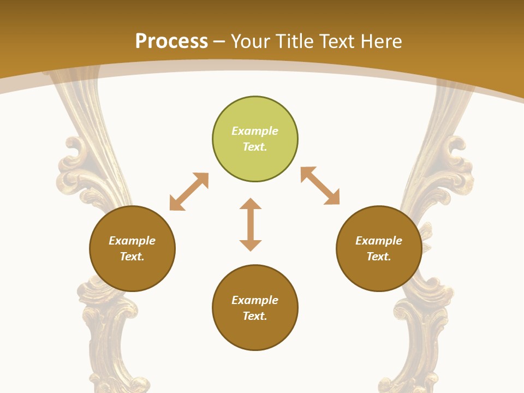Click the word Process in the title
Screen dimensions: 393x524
171,41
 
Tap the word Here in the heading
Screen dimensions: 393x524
381,41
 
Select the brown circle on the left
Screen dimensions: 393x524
132,273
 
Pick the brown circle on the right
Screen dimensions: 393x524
379,273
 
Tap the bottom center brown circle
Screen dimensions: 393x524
255,333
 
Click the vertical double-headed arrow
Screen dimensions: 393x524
251,224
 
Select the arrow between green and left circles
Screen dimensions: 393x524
189,192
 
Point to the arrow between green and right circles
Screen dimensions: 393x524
320,186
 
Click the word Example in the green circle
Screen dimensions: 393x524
255,131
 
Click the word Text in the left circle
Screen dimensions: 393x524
132,257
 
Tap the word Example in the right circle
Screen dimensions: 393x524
379,241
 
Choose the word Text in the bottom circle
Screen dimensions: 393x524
255,316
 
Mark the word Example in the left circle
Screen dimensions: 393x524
132,241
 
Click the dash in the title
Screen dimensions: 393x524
219,41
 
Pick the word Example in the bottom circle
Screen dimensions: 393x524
255,300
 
